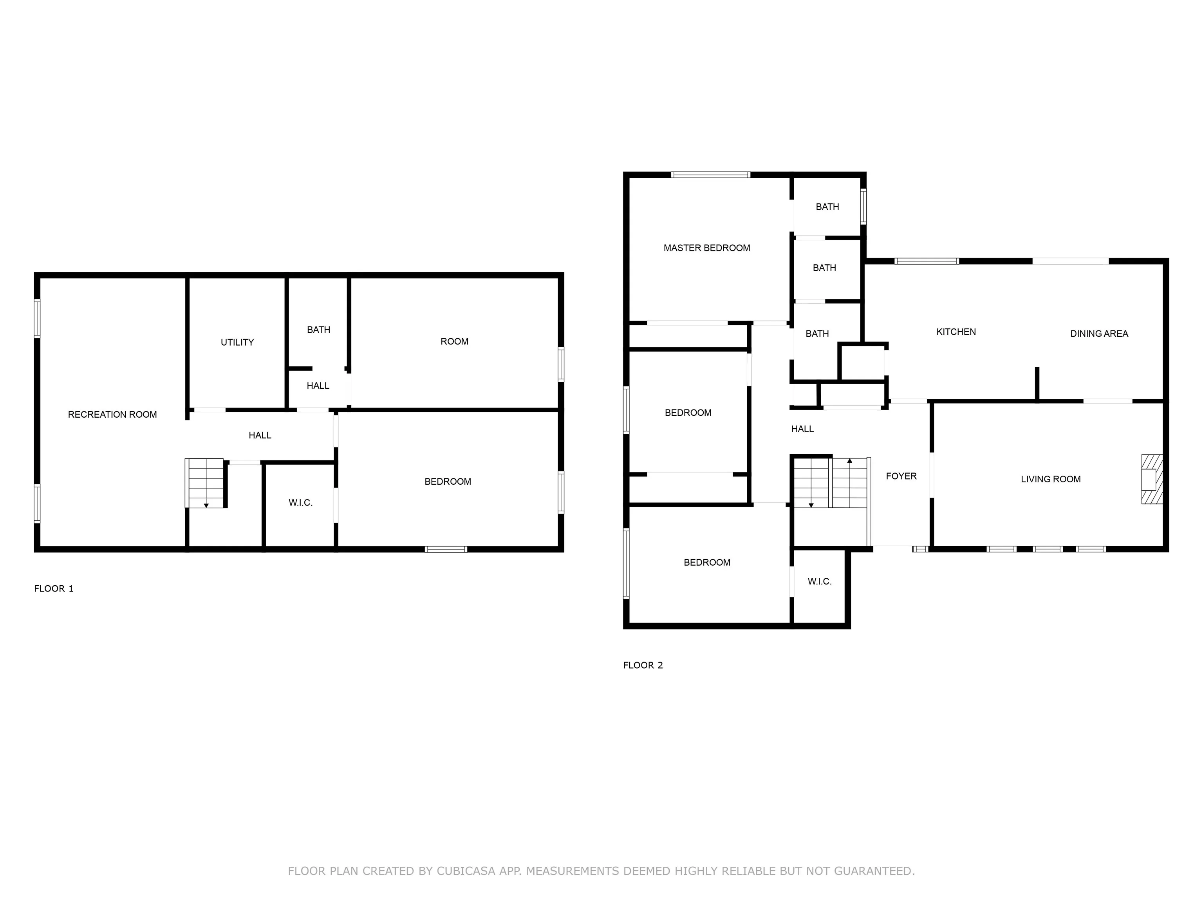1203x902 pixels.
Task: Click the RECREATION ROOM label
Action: pyautogui.click(x=112, y=414)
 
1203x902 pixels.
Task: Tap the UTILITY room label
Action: pyautogui.click(x=237, y=342)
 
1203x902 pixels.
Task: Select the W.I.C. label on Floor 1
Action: pyautogui.click(x=300, y=502)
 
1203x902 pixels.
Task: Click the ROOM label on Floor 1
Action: pyautogui.click(x=454, y=341)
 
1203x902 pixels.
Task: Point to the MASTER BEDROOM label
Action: pyautogui.click(x=706, y=248)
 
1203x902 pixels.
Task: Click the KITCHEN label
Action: pyautogui.click(x=956, y=332)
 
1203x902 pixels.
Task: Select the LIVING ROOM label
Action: pyautogui.click(x=1050, y=479)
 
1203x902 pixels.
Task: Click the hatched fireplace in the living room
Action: pyautogui.click(x=1152, y=480)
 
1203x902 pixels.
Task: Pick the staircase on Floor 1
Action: pyautogui.click(x=205, y=483)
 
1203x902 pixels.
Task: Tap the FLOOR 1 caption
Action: pyautogui.click(x=54, y=588)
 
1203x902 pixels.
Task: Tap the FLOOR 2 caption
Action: pyautogui.click(x=643, y=665)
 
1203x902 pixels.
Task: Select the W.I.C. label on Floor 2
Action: pyautogui.click(x=819, y=581)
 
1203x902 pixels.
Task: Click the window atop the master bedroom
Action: pyautogui.click(x=710, y=175)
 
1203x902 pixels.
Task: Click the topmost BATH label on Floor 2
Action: pyautogui.click(x=827, y=207)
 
